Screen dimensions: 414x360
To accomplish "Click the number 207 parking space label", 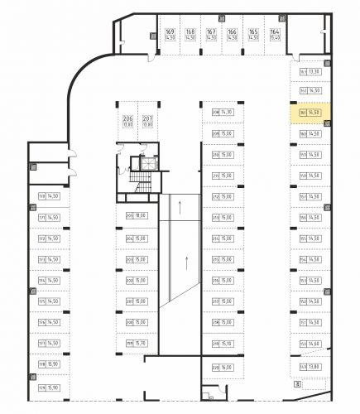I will pos(147,121).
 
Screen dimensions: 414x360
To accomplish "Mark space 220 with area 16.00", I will pos(223,366).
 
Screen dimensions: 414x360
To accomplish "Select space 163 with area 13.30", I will pos(310,72).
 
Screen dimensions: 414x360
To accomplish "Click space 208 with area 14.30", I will pos(223,112).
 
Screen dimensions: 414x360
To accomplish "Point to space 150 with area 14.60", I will pos(310,343).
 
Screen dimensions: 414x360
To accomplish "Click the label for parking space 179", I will pos(48,387).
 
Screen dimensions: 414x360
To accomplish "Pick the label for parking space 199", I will pos(136,343).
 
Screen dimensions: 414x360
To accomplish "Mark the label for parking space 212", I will pos(223,197).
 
